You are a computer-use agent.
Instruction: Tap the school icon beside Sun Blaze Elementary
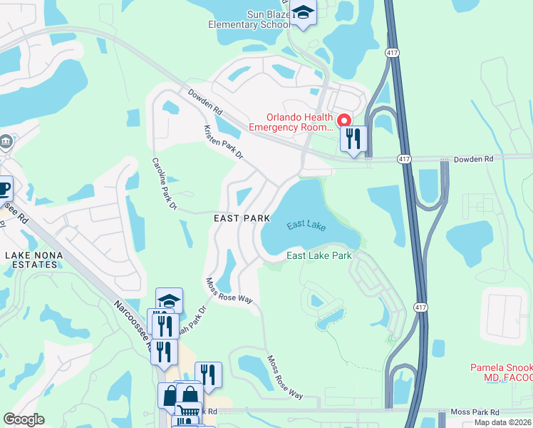303,14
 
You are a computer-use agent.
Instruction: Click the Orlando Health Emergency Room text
290,123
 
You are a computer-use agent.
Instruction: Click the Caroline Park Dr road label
163,184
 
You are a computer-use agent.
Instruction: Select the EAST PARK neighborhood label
242,218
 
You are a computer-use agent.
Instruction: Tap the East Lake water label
306,226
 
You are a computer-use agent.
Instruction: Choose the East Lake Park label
319,255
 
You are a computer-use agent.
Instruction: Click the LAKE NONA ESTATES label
30,260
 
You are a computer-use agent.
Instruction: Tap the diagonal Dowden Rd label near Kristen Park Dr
206,103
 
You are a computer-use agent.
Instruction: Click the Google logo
24,419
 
